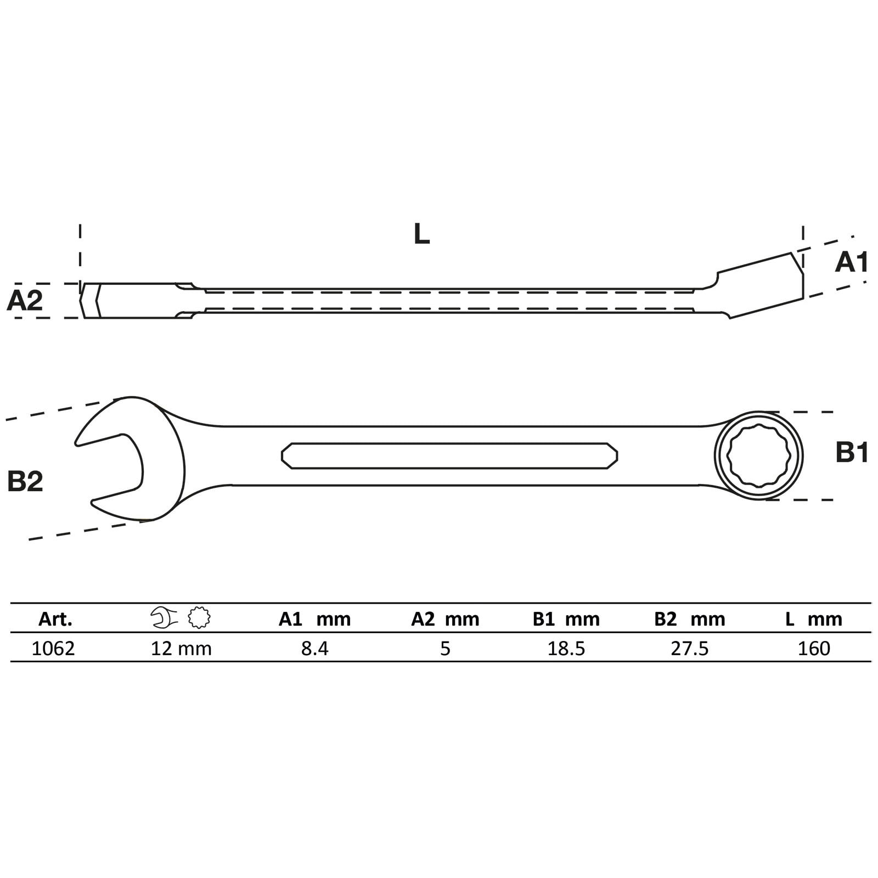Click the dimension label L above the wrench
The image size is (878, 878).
(421, 234)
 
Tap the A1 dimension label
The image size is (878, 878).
(851, 263)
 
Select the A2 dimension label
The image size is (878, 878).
(25, 301)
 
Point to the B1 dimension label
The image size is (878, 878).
(852, 453)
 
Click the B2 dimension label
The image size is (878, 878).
(25, 481)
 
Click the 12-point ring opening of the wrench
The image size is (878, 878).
(758, 455)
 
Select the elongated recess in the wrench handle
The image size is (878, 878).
(449, 455)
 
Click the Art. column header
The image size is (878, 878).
(55, 619)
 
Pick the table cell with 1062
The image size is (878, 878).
(53, 649)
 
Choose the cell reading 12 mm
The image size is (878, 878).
(181, 649)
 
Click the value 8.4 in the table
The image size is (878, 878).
(314, 649)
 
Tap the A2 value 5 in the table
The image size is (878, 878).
(445, 649)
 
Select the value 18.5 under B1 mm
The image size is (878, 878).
(566, 649)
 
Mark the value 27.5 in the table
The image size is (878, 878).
(690, 649)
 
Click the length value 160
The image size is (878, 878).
(814, 649)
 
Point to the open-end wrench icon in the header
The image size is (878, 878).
(164, 618)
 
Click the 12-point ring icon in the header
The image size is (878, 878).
(199, 618)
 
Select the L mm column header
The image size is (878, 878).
(813, 619)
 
